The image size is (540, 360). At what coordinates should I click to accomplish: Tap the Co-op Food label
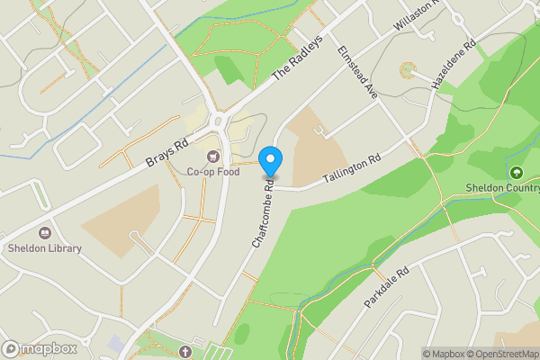coord(213,172)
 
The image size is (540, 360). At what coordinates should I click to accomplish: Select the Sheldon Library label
coord(44,248)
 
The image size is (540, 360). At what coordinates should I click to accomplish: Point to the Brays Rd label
coord(167,154)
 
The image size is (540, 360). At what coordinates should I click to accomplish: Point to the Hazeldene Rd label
coord(453,64)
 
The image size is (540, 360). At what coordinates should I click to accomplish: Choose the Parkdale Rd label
coord(387,287)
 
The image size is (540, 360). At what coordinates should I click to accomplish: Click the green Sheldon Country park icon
coord(516,173)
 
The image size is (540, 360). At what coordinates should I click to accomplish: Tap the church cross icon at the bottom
coord(185,350)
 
